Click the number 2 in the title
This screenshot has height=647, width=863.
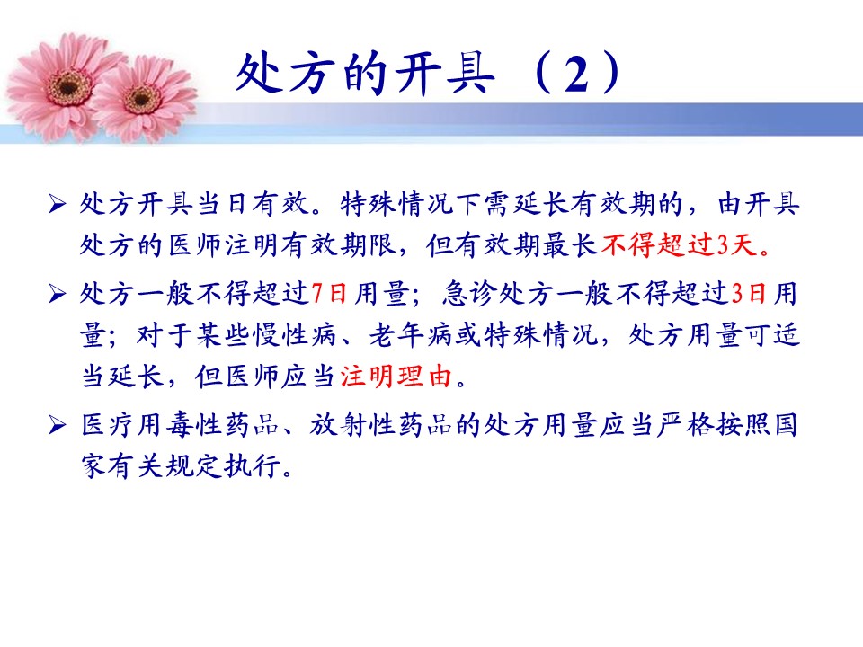coord(577,75)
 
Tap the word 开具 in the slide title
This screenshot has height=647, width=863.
coord(446,74)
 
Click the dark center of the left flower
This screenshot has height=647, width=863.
coord(68,87)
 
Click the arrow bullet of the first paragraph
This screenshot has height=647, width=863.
coord(57,204)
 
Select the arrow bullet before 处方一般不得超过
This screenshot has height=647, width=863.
coord(57,293)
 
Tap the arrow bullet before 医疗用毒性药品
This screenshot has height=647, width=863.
coord(57,425)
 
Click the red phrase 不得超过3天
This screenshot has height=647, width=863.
coord(680,244)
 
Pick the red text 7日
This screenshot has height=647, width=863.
coord(329,293)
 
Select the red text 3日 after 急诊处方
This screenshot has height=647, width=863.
coord(749,293)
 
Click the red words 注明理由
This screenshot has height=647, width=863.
coord(396,377)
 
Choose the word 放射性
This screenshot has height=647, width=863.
coord(352,425)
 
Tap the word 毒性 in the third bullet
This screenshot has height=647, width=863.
coord(192,425)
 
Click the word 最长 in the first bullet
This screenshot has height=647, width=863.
coord(570,244)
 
